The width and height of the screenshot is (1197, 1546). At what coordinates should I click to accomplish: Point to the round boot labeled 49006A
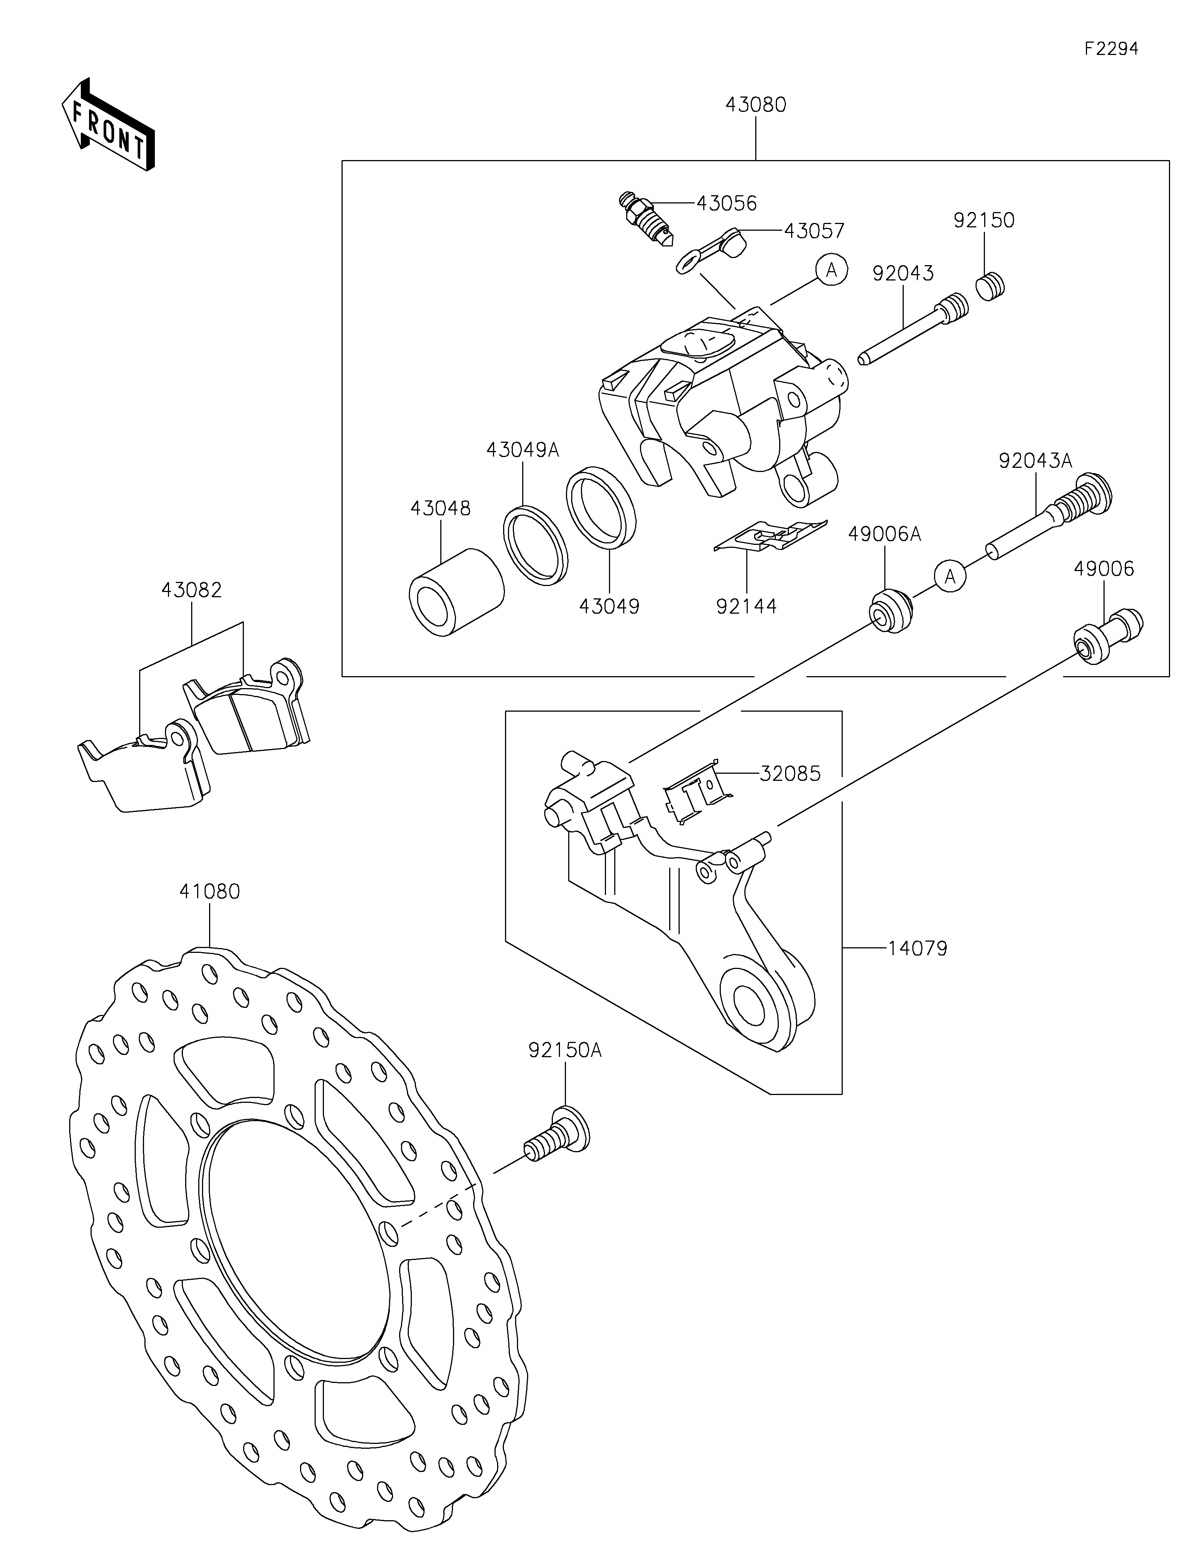pos(891,610)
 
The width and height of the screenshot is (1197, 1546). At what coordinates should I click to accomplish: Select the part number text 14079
pos(918,948)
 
